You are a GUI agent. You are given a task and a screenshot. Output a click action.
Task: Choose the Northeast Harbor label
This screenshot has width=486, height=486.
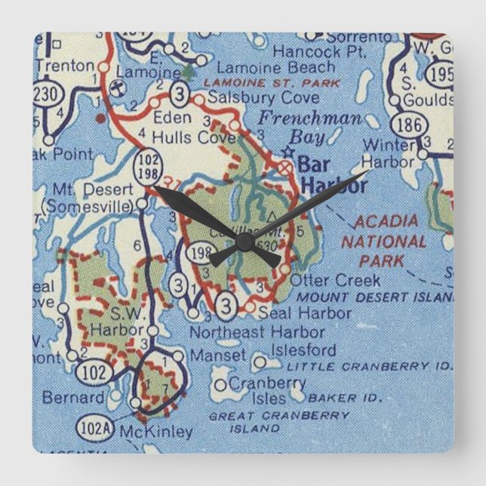pos(257,331)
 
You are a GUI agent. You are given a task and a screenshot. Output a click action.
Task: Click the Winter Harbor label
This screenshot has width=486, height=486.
pos(388,152)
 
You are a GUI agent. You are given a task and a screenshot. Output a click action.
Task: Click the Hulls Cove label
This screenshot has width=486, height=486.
pos(194,137)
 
